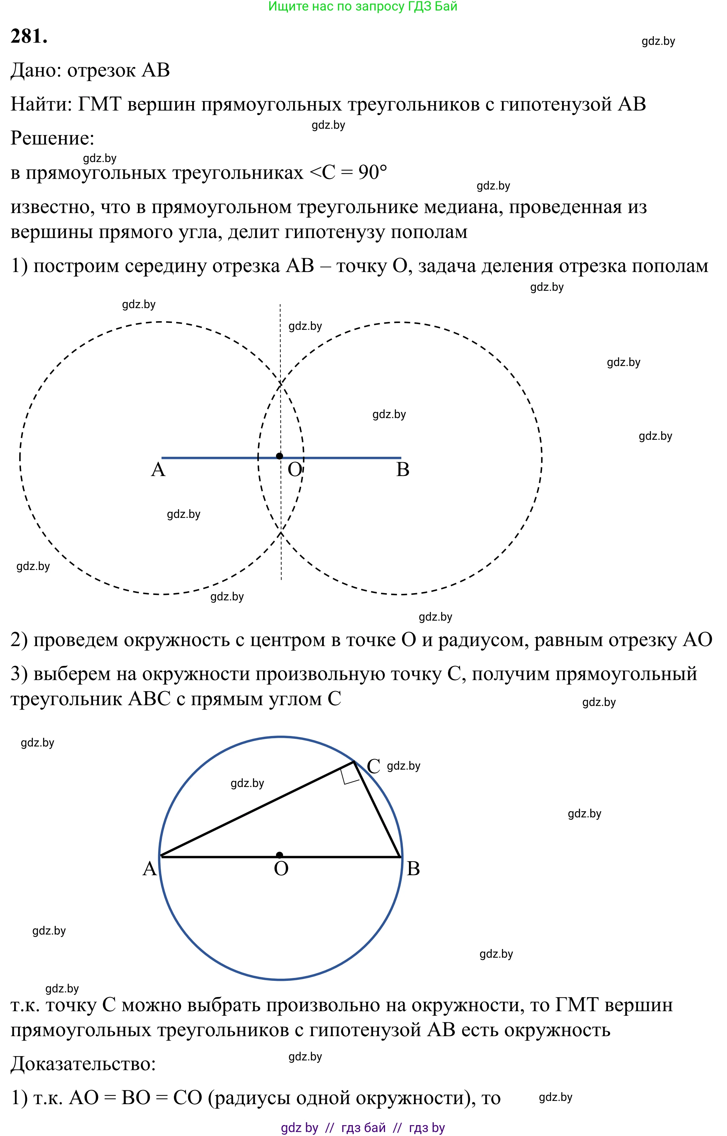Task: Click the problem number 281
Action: pos(29,36)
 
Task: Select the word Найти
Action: pos(40,104)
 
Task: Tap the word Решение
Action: pos(52,138)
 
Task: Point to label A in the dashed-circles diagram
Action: pos(158,470)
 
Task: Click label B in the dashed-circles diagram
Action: pos(403,470)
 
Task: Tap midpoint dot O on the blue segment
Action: pos(279,456)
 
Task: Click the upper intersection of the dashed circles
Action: pos(281,383)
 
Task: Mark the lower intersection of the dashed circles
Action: pos(281,532)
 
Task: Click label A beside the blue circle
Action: pos(150,869)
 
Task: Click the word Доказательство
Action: pos(83,1064)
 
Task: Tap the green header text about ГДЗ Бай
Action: pos(363,7)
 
